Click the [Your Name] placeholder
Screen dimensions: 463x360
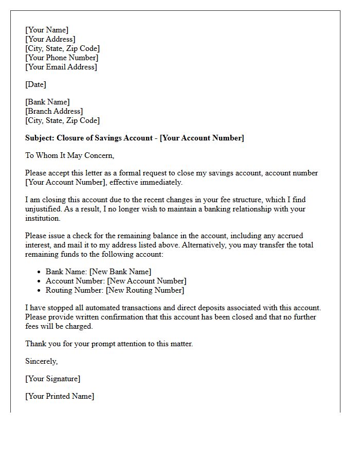47,30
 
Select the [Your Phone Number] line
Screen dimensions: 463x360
62,58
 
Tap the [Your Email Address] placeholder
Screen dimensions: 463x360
61,67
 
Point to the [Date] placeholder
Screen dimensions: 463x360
35,84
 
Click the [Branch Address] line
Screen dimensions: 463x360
54,111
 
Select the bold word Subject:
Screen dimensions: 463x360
40,138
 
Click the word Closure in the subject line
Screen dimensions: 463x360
70,138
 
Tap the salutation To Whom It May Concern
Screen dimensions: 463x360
69,155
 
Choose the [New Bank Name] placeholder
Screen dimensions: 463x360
120,272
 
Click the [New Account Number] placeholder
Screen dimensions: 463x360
147,281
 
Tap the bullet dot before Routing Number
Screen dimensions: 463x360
40,290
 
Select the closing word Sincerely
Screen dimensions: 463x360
41,361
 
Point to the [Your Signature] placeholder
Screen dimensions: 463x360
52,379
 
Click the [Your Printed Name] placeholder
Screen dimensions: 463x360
60,396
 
